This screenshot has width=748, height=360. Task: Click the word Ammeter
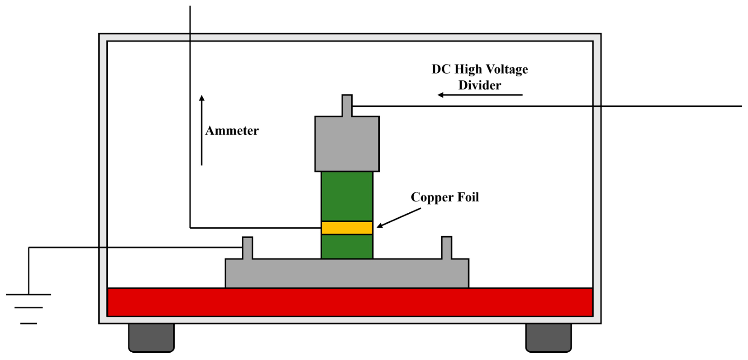click(232, 131)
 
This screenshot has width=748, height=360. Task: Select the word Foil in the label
click(468, 197)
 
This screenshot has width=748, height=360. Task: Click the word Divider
click(479, 85)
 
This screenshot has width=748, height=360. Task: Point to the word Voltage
click(507, 69)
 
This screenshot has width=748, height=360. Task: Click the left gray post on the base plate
click(247, 247)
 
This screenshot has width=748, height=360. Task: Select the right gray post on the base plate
click(446, 247)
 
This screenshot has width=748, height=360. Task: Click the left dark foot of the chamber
click(151, 337)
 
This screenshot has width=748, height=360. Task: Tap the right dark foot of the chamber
click(548, 337)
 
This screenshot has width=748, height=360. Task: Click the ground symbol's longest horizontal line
click(29, 295)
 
